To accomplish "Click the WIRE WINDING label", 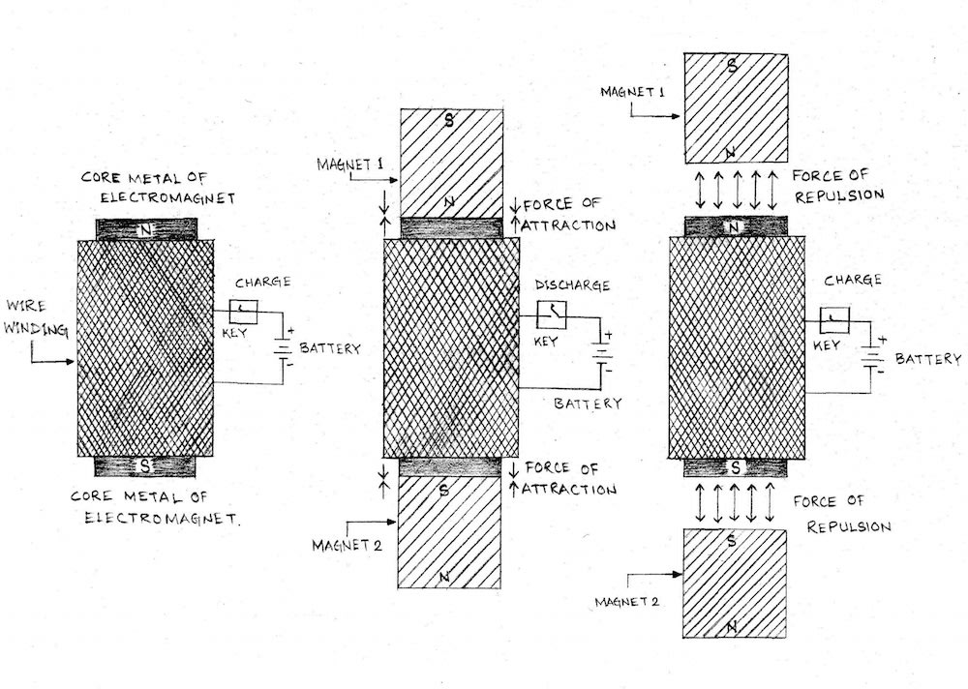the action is (x=36, y=320).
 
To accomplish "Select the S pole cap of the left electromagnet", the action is (x=145, y=466).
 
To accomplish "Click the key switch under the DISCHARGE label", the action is (x=553, y=315).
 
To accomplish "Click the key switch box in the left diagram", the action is (x=243, y=311).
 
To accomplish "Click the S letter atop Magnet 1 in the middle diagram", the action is (x=449, y=121).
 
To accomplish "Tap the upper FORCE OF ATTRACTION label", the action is (x=569, y=217).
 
